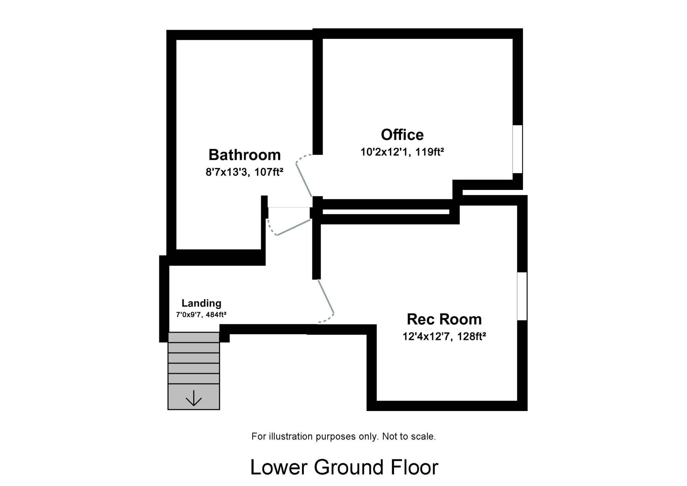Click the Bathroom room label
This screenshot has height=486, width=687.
click(244, 155)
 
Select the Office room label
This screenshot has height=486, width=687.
click(402, 134)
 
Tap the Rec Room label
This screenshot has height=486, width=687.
click(444, 319)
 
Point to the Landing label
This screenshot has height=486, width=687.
click(201, 303)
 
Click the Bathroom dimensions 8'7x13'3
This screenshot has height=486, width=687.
click(227, 172)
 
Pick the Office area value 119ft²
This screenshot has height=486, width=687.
click(429, 152)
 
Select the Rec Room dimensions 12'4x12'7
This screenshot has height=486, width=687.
click(427, 337)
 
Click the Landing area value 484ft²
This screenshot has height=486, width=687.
click(216, 315)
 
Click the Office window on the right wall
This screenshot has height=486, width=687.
click(518, 149)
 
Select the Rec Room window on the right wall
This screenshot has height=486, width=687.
click(522, 296)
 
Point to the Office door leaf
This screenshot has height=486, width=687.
click(304, 180)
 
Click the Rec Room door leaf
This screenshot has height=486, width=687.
click(326, 296)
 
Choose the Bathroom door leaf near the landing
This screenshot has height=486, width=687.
click(294, 227)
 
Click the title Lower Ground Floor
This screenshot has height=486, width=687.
click(344, 467)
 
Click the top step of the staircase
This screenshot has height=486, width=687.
click(194, 337)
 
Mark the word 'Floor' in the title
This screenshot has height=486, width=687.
click(415, 467)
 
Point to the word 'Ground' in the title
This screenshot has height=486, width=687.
click(348, 467)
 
